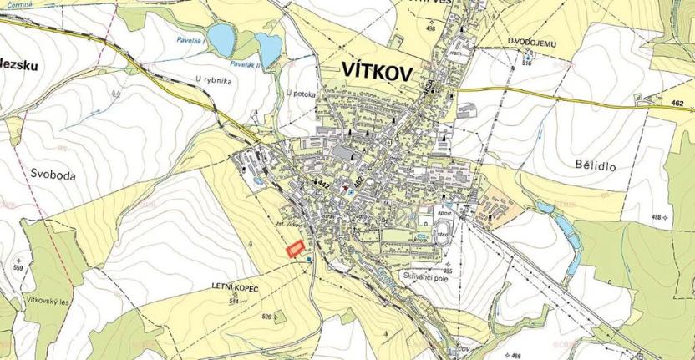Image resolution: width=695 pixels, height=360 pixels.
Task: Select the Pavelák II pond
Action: [269, 49]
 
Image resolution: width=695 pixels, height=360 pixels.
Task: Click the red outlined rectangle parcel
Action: [293, 249]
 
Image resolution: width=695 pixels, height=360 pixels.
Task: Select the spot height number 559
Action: [18, 267]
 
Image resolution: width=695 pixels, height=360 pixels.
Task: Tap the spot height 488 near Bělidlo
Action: [657, 217]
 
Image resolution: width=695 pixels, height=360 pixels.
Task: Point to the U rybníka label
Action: [211, 80]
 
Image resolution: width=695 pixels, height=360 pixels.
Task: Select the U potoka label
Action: [300, 94]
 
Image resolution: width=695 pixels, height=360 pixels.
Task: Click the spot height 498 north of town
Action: [431, 28]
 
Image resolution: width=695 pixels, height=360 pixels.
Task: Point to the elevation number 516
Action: [527, 63]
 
